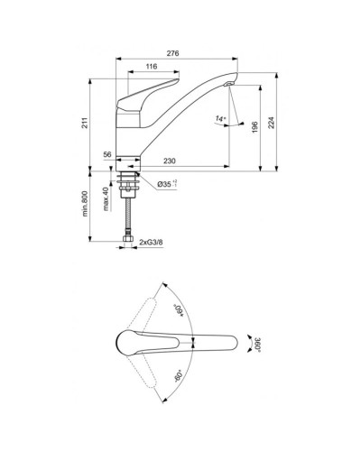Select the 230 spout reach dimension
pos(169,161)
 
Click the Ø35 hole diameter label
pos(167,184)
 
